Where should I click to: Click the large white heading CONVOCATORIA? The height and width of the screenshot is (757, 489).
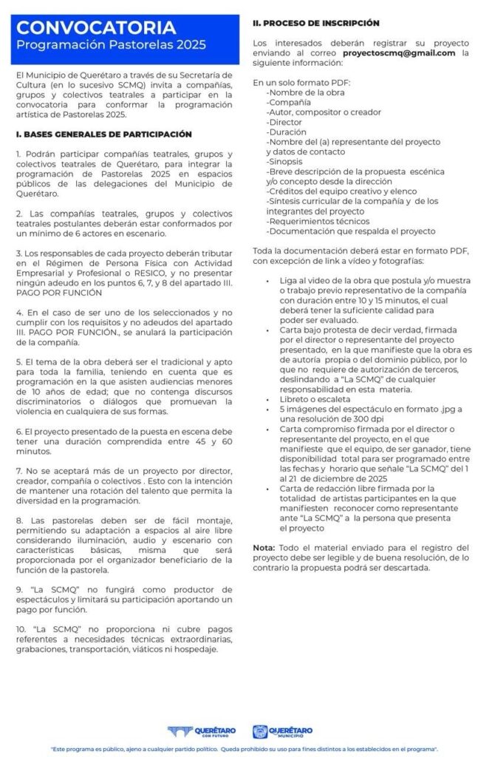pyautogui.click(x=97, y=28)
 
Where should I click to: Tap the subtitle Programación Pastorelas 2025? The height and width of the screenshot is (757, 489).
pyautogui.click(x=112, y=46)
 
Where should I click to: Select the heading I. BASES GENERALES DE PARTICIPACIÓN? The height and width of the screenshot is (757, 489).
pyautogui.click(x=103, y=135)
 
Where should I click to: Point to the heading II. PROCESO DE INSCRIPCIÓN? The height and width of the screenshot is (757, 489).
pyautogui.click(x=316, y=24)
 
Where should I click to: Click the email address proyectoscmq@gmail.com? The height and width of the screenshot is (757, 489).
pyautogui.click(x=399, y=54)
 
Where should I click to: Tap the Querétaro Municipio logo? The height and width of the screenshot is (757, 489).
pyautogui.click(x=282, y=732)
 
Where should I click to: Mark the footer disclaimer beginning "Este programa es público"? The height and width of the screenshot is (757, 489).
pyautogui.click(x=244, y=749)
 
